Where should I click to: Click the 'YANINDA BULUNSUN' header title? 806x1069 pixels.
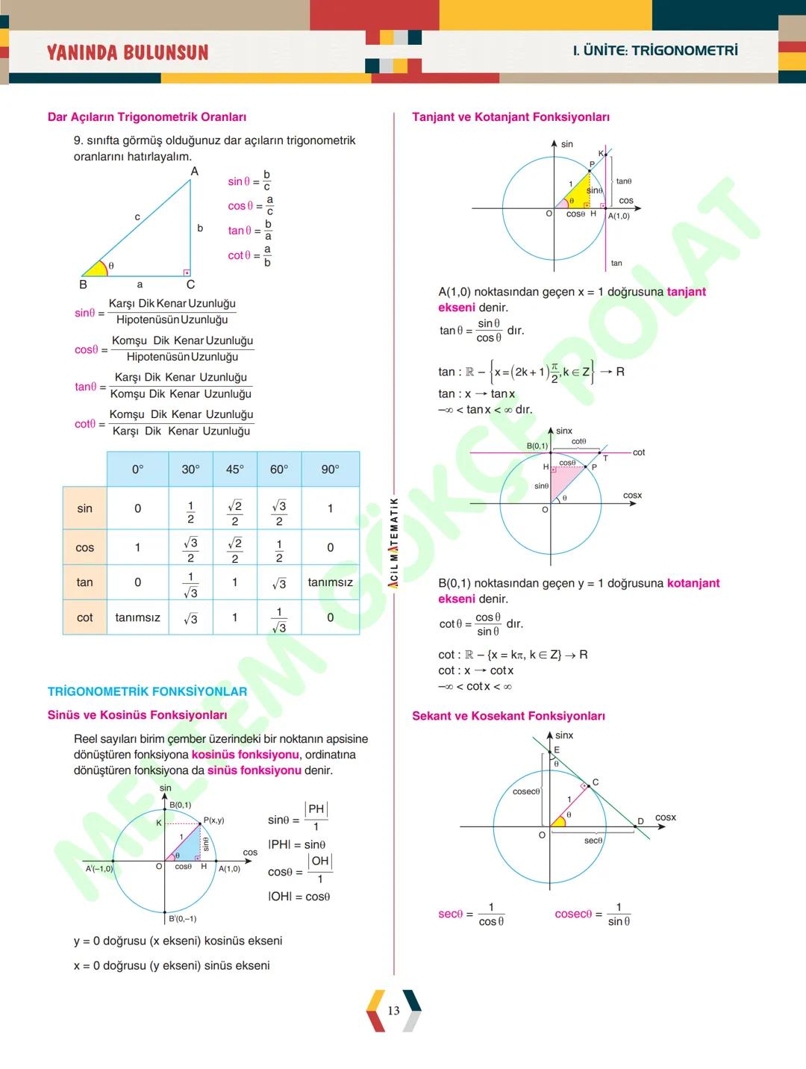128,52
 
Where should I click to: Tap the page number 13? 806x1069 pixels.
393,1011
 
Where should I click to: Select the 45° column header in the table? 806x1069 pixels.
234,470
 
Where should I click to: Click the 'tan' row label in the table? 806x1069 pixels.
84,582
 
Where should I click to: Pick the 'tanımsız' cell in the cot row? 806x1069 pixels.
137,617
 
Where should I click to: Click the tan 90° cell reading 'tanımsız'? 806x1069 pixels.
330,582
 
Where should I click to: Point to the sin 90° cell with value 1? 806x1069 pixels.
330,508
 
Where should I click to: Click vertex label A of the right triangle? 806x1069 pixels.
195,172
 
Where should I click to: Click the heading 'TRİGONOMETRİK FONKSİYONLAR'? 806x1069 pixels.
147,691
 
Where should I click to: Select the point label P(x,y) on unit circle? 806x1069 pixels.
213,820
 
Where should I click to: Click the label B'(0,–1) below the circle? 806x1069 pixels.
182,919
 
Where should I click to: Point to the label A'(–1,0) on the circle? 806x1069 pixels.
99,869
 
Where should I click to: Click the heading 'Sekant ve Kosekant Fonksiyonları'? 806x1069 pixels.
508,716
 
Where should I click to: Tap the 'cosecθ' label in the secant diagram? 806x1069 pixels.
526,791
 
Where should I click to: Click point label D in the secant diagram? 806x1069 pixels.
640,821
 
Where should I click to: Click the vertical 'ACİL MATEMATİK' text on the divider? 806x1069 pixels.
393,543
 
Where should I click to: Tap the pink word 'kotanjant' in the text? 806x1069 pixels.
693,583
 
